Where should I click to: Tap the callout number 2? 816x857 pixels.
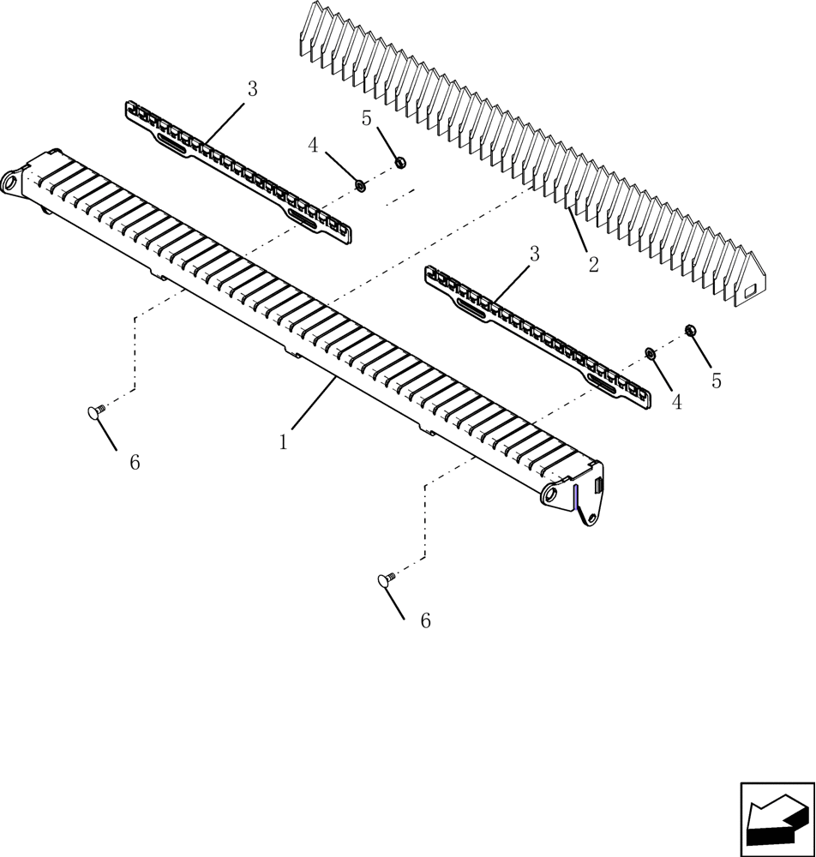[x=593, y=264]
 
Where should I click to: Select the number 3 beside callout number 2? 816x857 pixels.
[x=534, y=254]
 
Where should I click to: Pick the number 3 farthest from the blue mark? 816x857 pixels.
[x=252, y=88]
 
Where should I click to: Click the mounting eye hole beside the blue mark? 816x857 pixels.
[x=550, y=496]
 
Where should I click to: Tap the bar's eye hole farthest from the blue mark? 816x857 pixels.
[x=10, y=183]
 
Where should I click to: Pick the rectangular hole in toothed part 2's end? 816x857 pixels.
[x=748, y=290]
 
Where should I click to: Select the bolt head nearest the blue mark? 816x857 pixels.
[x=385, y=580]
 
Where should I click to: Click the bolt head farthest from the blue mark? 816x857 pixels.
[x=94, y=413]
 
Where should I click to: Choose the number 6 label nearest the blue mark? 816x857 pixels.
[x=425, y=621]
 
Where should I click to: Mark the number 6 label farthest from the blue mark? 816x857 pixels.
[x=134, y=462]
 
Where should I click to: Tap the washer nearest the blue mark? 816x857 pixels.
[x=651, y=353]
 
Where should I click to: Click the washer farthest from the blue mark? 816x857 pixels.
[x=361, y=185]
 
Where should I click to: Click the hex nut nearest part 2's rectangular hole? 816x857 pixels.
[x=690, y=330]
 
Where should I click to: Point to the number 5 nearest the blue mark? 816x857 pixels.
[x=717, y=381]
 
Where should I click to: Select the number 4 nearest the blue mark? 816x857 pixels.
[x=677, y=402]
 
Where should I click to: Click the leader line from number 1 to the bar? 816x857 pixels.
[x=313, y=405]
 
